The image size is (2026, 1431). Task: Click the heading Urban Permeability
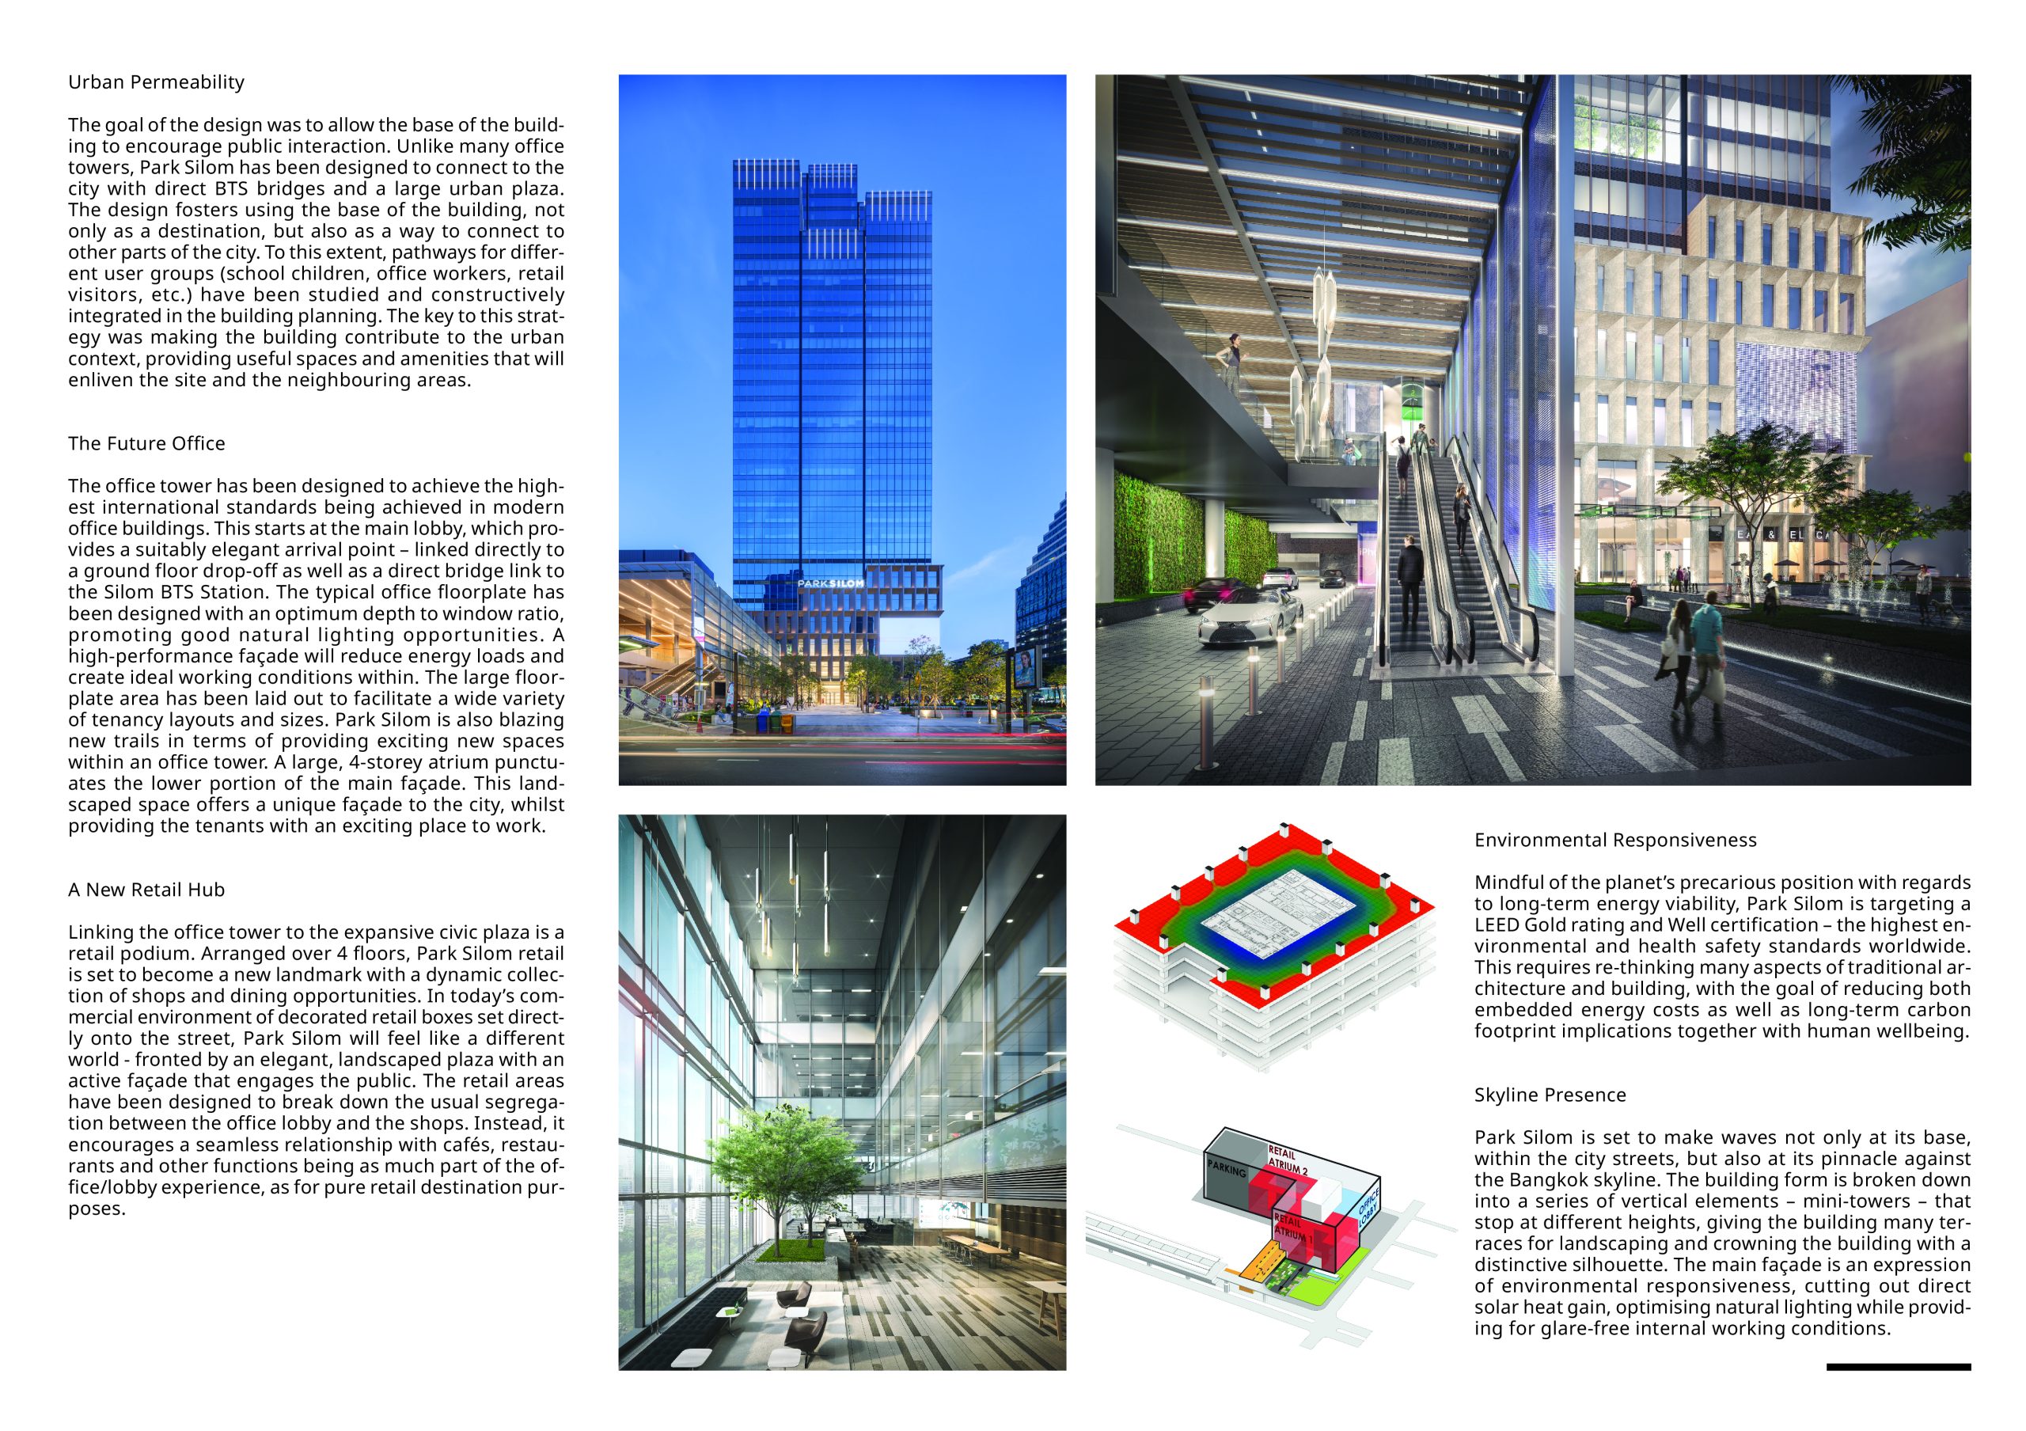point(156,82)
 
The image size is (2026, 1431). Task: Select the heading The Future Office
point(146,443)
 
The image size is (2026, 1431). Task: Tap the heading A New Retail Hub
point(146,890)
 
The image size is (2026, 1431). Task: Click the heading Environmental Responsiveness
point(1614,840)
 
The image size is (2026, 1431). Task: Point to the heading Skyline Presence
point(1550,1095)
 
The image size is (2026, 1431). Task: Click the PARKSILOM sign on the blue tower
point(830,583)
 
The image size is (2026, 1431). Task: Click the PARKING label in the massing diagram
point(1227,1170)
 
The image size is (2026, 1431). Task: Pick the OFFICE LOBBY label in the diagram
point(1367,1209)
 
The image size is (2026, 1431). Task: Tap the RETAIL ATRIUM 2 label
point(1287,1160)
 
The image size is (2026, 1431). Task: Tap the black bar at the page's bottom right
point(1898,1367)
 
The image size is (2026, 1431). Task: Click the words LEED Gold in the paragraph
point(1523,924)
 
